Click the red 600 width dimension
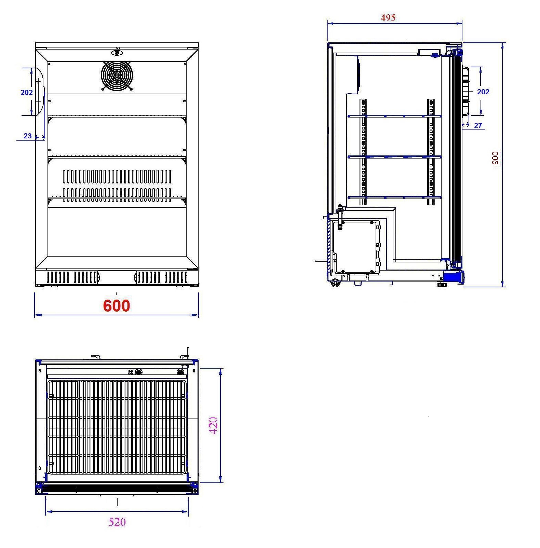117,305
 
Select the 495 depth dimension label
388,18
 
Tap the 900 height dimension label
495,158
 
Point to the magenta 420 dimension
214,425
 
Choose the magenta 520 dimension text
117,522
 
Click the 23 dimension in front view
28,136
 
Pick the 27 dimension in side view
478,126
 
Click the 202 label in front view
27,92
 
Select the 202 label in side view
483,92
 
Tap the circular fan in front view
117,76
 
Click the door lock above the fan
117,53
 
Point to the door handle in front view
40,92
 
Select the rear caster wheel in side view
335,283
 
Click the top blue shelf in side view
395,116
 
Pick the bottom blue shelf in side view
395,197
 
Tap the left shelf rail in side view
363,152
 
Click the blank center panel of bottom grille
117,277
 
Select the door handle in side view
465,91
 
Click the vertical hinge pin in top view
188,353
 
